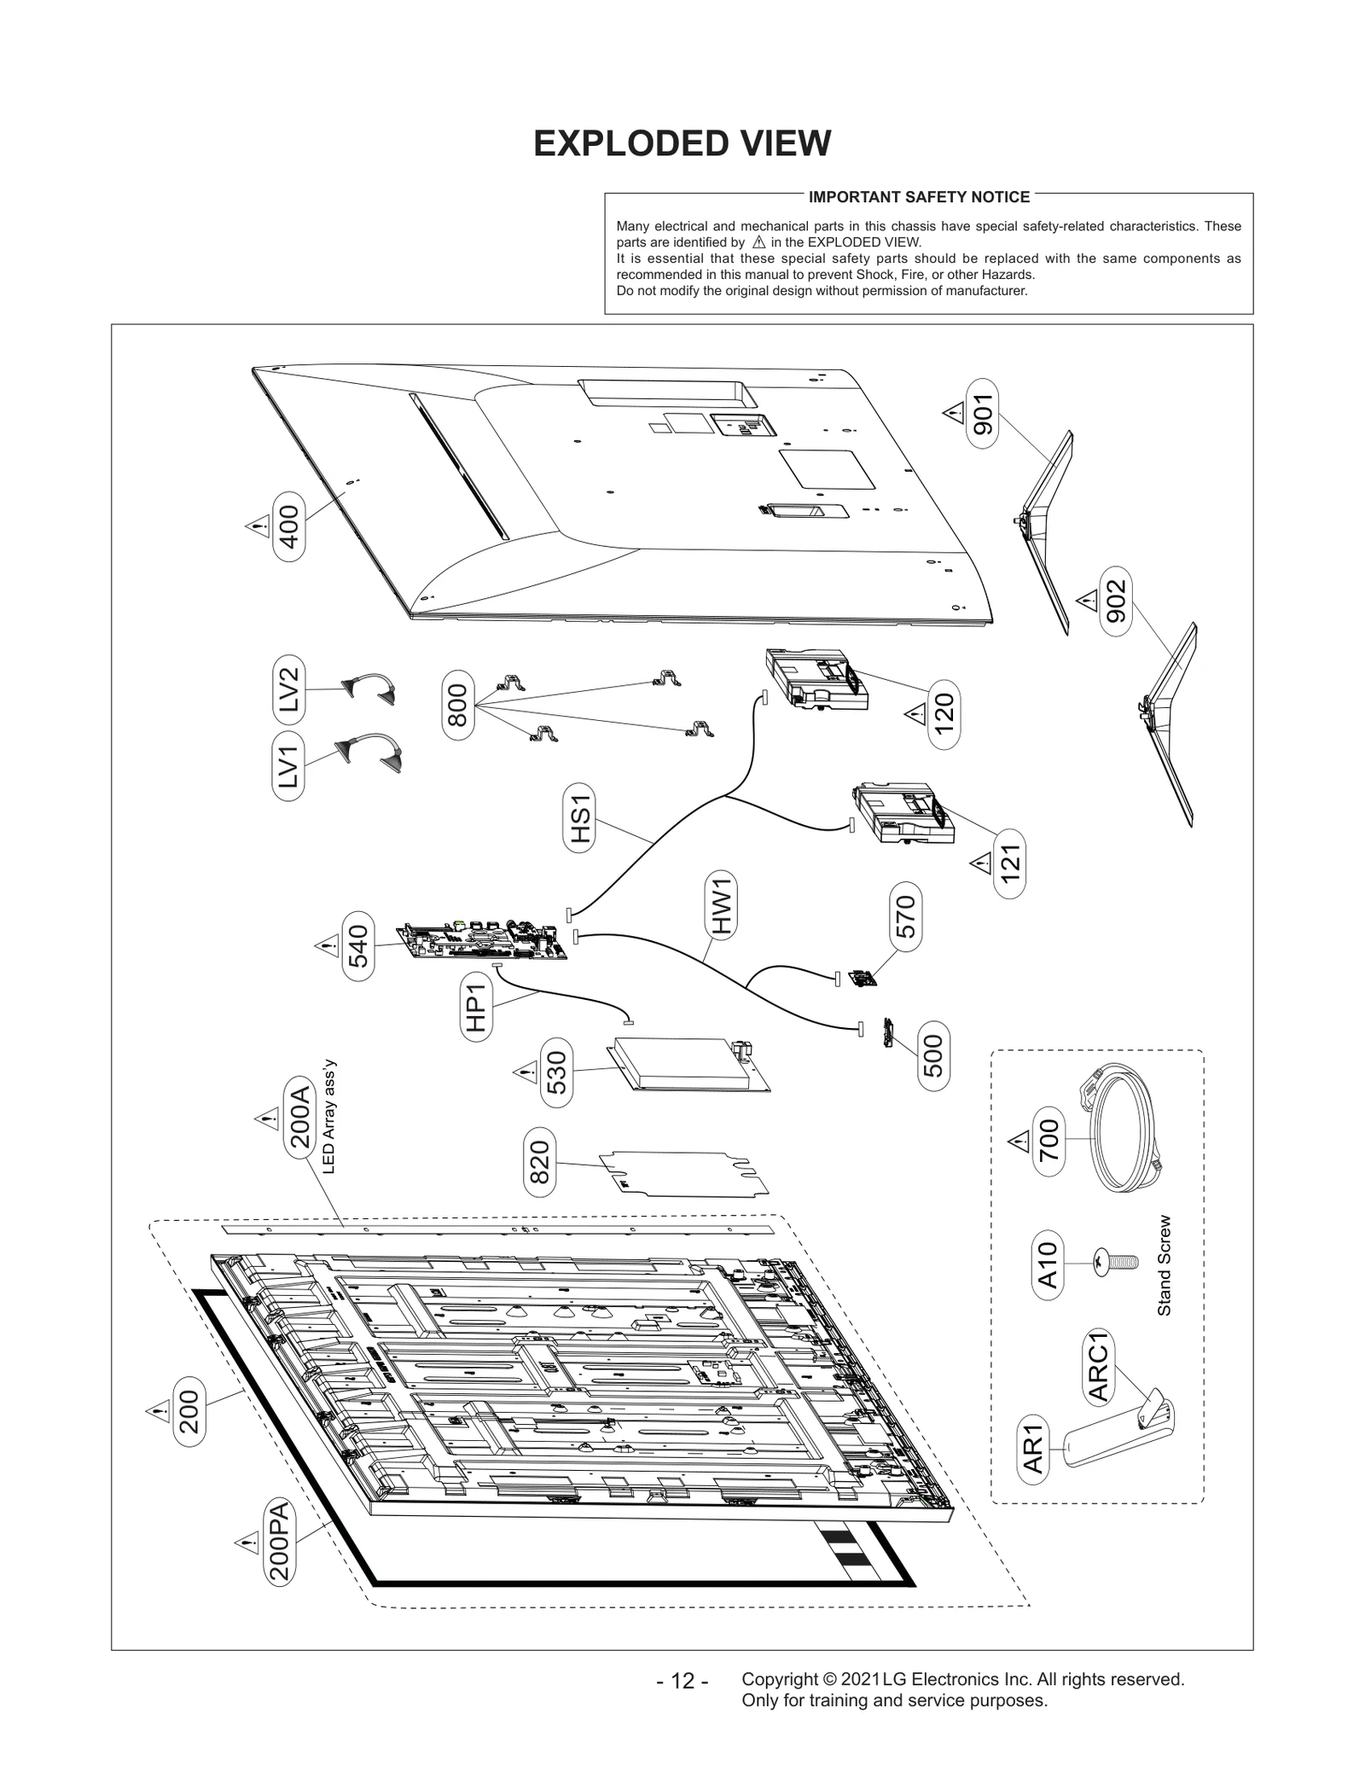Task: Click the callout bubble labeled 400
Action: tap(289, 526)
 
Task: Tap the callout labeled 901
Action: tap(983, 415)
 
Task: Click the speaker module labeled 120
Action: tap(815, 680)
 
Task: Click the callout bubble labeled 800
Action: tap(458, 705)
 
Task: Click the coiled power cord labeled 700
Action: tap(1124, 1130)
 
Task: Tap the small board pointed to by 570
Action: tap(863, 979)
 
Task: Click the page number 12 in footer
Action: tap(682, 1681)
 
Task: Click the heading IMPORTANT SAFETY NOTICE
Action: tap(919, 197)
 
